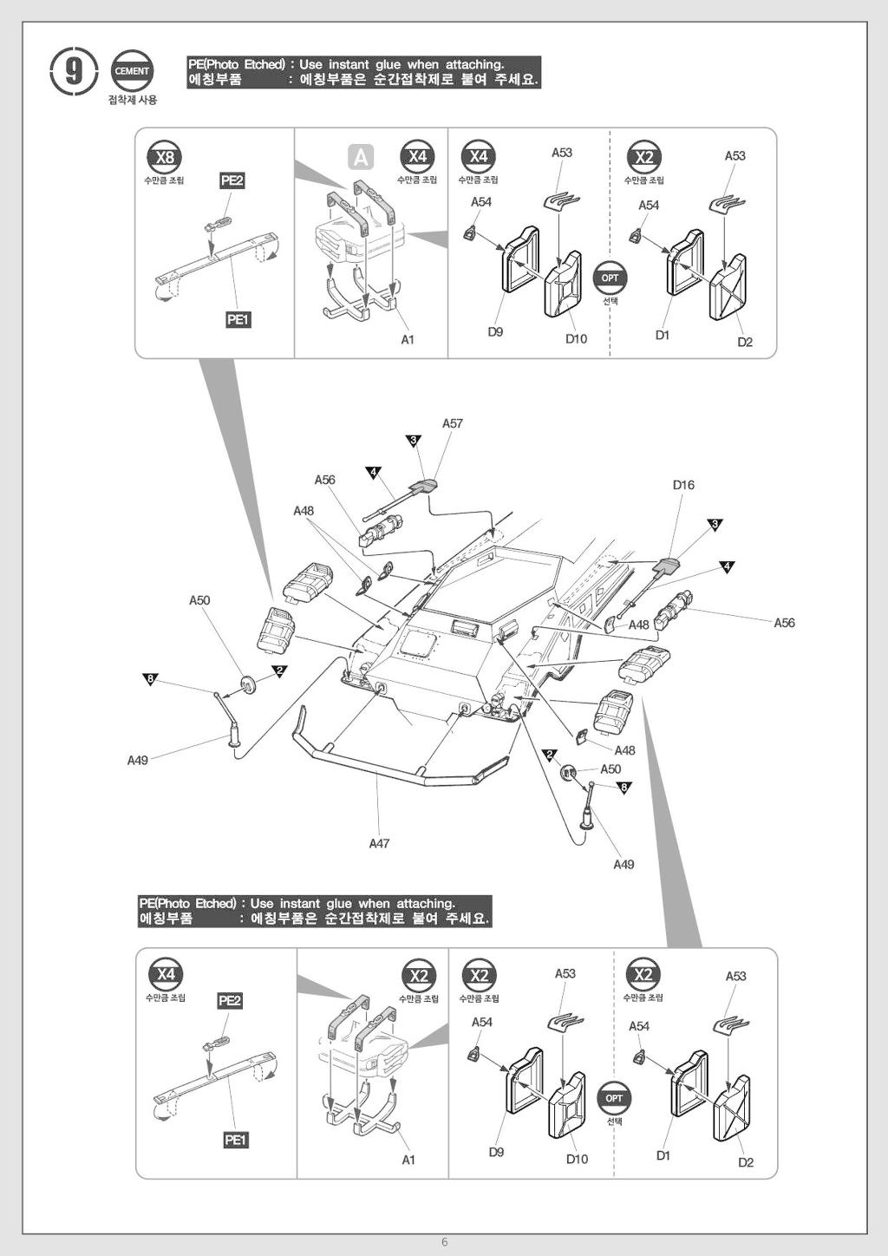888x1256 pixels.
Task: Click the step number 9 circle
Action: (x=72, y=71)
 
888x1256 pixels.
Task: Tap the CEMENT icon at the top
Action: (x=132, y=71)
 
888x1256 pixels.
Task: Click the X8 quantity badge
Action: (x=164, y=157)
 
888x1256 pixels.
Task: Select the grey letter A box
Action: (x=361, y=157)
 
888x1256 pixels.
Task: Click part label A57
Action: (x=453, y=423)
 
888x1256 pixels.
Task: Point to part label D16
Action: (x=683, y=485)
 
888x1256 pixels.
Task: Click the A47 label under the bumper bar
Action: (x=379, y=843)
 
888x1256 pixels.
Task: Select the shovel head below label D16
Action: (x=669, y=566)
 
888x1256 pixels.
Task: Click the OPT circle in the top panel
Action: (x=610, y=278)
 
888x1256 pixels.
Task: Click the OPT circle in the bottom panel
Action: (x=614, y=1098)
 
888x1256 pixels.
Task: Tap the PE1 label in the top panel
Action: (x=238, y=320)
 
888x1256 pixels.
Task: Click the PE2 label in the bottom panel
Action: (x=230, y=1000)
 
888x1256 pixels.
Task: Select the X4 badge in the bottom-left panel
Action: (x=166, y=974)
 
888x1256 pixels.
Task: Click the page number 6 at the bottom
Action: (x=445, y=1242)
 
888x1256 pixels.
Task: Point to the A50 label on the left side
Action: (x=199, y=600)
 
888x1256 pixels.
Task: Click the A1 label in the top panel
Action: (x=408, y=340)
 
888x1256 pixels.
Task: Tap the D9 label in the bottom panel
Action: (x=496, y=1152)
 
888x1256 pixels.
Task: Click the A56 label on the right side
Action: (x=784, y=623)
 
